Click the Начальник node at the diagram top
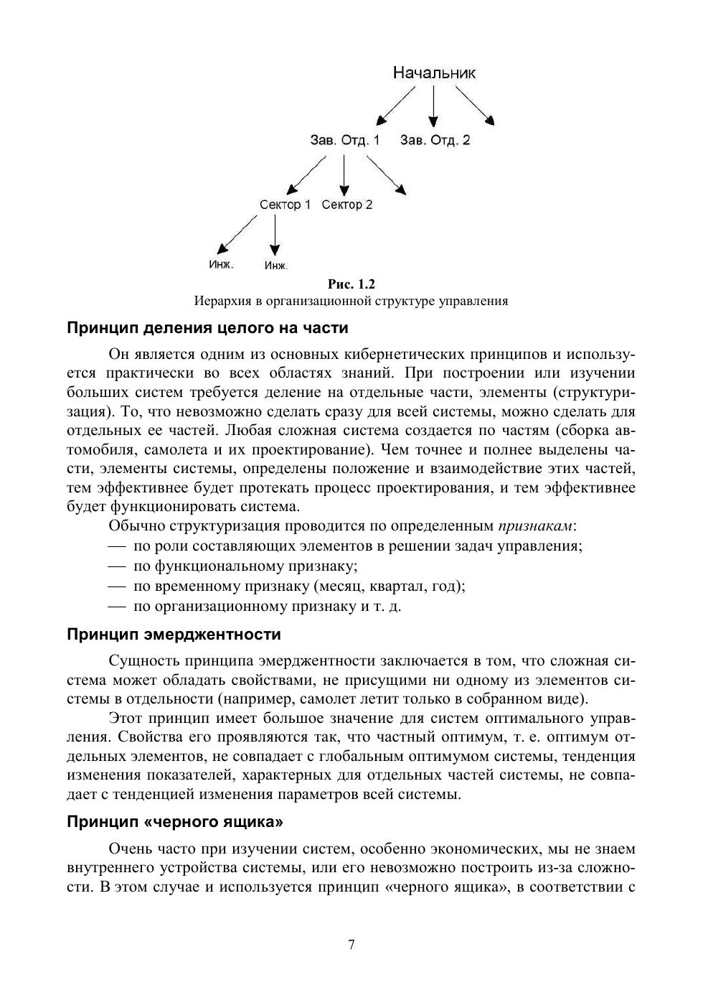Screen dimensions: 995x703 coord(434,73)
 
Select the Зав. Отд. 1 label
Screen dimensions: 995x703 coord(344,140)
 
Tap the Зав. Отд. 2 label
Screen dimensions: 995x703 coord(435,140)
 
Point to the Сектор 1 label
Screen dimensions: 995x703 coord(285,205)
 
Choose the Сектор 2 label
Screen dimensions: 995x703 coord(347,205)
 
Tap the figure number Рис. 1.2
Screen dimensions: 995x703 coord(351,284)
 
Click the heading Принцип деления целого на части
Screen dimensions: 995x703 coord(207,328)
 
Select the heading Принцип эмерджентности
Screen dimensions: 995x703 coord(174,635)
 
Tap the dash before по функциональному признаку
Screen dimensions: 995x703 coord(118,566)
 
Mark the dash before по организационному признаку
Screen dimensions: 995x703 coord(118,606)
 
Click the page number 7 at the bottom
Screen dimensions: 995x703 coord(351,944)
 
